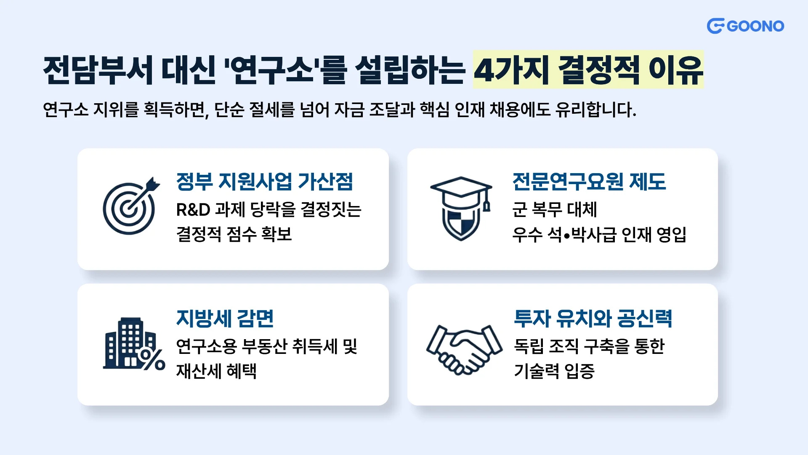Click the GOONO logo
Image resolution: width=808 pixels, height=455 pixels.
pyautogui.click(x=745, y=26)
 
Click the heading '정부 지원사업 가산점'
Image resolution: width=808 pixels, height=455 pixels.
pyautogui.click(x=265, y=182)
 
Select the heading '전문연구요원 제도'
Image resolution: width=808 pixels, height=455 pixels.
pyautogui.click(x=589, y=182)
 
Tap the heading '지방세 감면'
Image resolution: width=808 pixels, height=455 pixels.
pyautogui.click(x=225, y=318)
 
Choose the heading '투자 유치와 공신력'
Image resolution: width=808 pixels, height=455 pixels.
pyautogui.click(x=593, y=318)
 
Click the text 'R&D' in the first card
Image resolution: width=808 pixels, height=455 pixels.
pyautogui.click(x=193, y=209)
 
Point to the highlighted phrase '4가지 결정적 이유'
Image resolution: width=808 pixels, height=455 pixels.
pyautogui.click(x=588, y=70)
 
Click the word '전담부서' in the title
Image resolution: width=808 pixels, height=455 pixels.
pyautogui.click(x=98, y=70)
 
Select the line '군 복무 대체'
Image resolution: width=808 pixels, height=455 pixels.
pyautogui.click(x=555, y=209)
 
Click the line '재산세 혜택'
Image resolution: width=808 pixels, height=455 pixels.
pyautogui.click(x=216, y=371)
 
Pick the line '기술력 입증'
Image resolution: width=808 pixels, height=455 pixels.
pyautogui.click(x=554, y=371)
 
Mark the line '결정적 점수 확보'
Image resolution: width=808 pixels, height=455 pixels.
pyautogui.click(x=234, y=234)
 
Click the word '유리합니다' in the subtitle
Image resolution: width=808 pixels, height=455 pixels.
pyautogui.click(x=595, y=110)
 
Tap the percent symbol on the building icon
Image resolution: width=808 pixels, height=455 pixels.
pyautogui.click(x=152, y=359)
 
